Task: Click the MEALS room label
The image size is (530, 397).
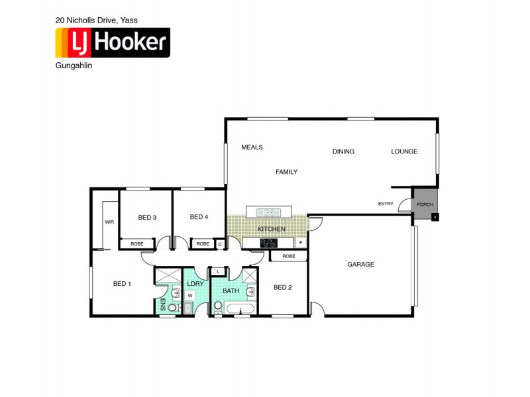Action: [252, 148]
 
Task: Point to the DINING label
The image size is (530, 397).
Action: [343, 152]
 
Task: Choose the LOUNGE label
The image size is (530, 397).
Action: [404, 152]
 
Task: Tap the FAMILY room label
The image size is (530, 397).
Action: [286, 172]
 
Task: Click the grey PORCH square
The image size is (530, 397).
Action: [425, 204]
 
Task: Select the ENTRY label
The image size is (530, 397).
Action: [386, 204]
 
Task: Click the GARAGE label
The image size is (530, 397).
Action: [360, 265]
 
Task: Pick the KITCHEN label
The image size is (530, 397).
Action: [272, 229]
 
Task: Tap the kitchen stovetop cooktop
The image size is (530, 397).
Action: [268, 243]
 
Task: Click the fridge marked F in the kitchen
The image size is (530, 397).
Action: [301, 243]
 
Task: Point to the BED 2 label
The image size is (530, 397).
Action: [283, 287]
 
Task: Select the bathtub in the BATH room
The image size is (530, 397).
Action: [240, 309]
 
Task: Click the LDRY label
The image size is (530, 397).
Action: [196, 283]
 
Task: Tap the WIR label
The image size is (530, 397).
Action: [109, 222]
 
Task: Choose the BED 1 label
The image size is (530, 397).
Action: [122, 284]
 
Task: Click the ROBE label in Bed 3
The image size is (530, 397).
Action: [136, 243]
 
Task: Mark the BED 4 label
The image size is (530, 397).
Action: [199, 217]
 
